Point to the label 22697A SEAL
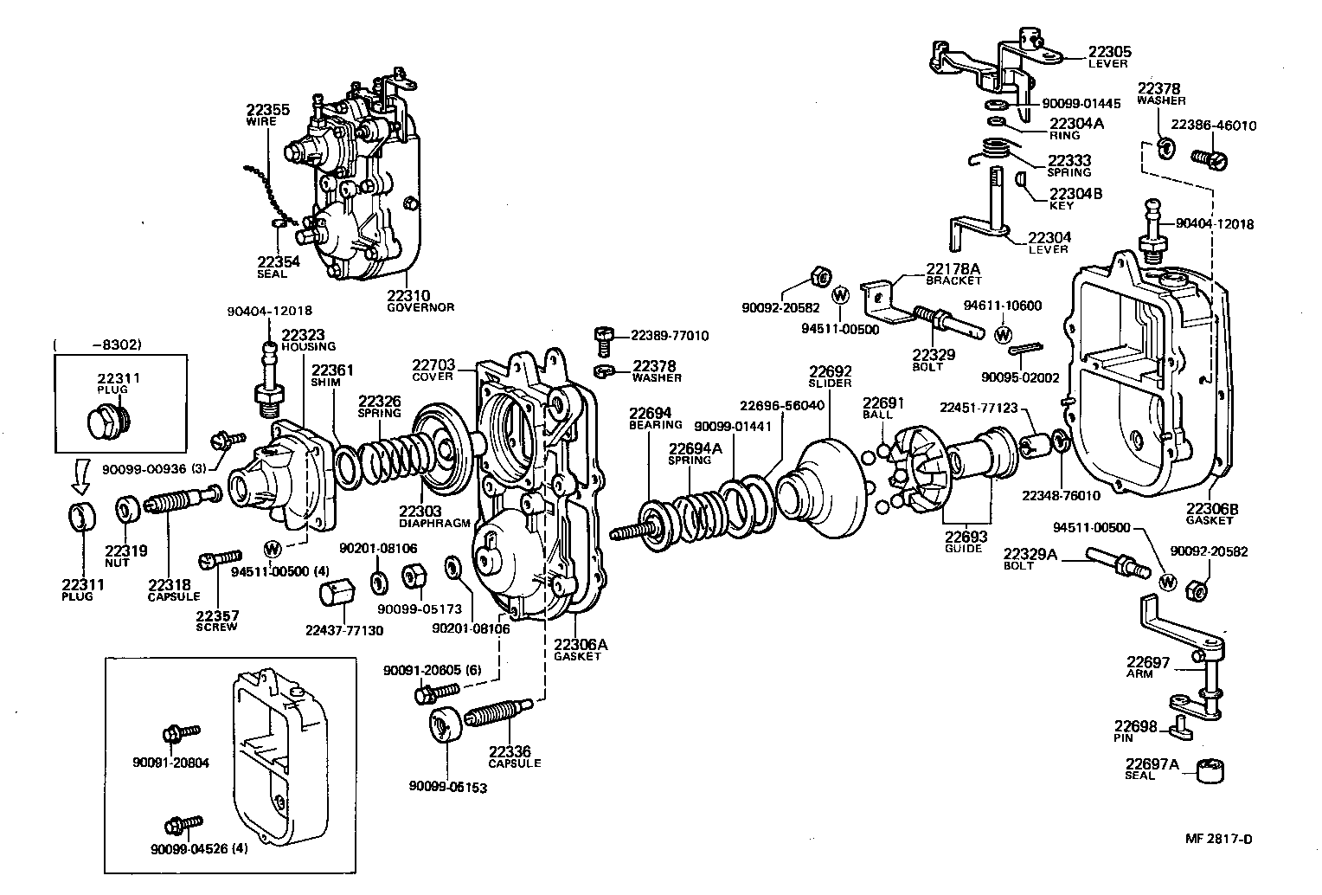coord(1152,768)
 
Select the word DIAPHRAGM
coord(434,523)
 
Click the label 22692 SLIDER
coord(830,377)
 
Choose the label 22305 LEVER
coord(1109,56)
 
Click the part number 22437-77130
coord(343,630)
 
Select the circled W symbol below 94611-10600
coord(1003,333)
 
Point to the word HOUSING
coord(307,346)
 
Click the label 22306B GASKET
coord(1211,513)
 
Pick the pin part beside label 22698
coord(1181,732)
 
